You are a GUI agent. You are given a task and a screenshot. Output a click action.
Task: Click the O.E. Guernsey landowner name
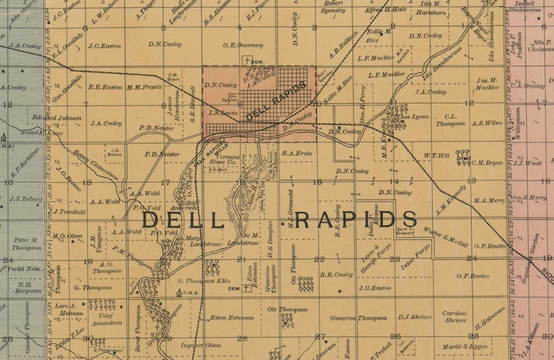[243, 45]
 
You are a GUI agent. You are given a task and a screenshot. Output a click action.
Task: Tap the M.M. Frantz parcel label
[144, 87]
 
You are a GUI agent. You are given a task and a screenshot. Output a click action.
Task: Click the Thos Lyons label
[414, 117]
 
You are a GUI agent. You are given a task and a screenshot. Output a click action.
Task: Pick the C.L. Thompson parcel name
[450, 120]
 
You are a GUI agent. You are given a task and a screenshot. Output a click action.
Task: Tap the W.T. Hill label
[435, 155]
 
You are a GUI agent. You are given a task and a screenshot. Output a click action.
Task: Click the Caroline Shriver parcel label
[454, 317]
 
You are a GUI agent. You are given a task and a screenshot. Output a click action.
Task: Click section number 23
[394, 259]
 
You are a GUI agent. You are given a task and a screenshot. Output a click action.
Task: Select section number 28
[242, 338]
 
